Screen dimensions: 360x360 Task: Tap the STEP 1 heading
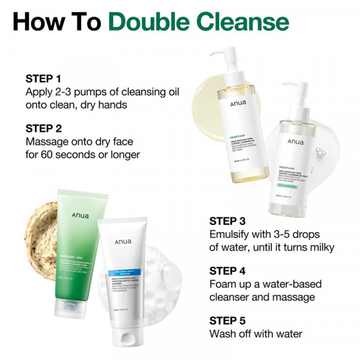pos(43,79)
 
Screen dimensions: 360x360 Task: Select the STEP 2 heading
pos(43,128)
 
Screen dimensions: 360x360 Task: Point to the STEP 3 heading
pos(227,220)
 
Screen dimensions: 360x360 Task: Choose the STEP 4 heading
pos(227,270)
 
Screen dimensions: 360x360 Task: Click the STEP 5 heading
pos(227,320)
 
